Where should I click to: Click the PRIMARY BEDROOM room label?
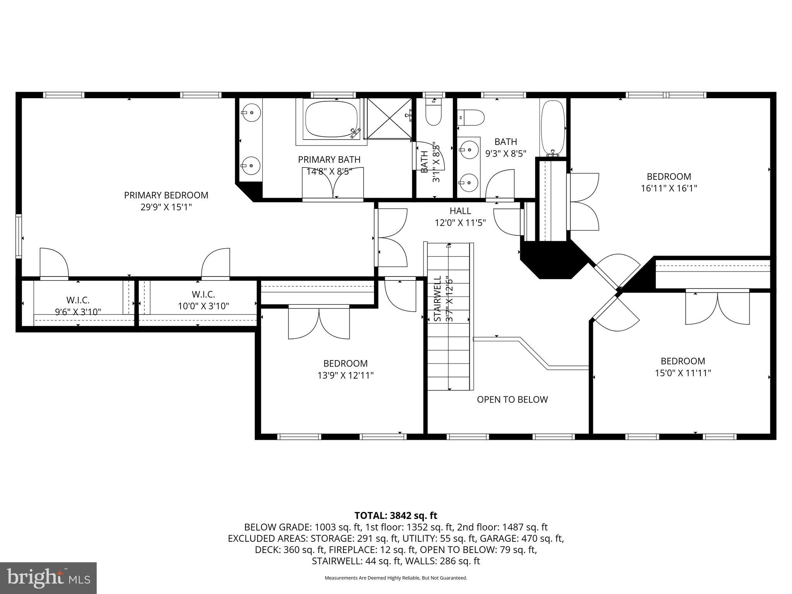click(166, 195)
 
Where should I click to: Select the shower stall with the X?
click(389, 118)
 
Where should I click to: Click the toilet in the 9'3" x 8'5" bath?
click(471, 117)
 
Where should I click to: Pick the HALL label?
click(460, 211)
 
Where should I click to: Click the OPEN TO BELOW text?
click(512, 399)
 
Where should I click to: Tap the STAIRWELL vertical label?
click(437, 299)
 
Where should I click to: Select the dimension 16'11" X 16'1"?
click(669, 188)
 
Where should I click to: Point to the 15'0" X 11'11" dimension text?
click(683, 373)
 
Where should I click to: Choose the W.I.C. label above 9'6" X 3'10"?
click(78, 300)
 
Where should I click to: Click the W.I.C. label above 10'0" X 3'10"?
click(203, 295)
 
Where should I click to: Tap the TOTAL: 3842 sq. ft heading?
click(396, 515)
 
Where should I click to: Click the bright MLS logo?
click(48, 578)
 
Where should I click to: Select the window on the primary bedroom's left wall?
click(19, 236)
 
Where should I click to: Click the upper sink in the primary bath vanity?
click(250, 112)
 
